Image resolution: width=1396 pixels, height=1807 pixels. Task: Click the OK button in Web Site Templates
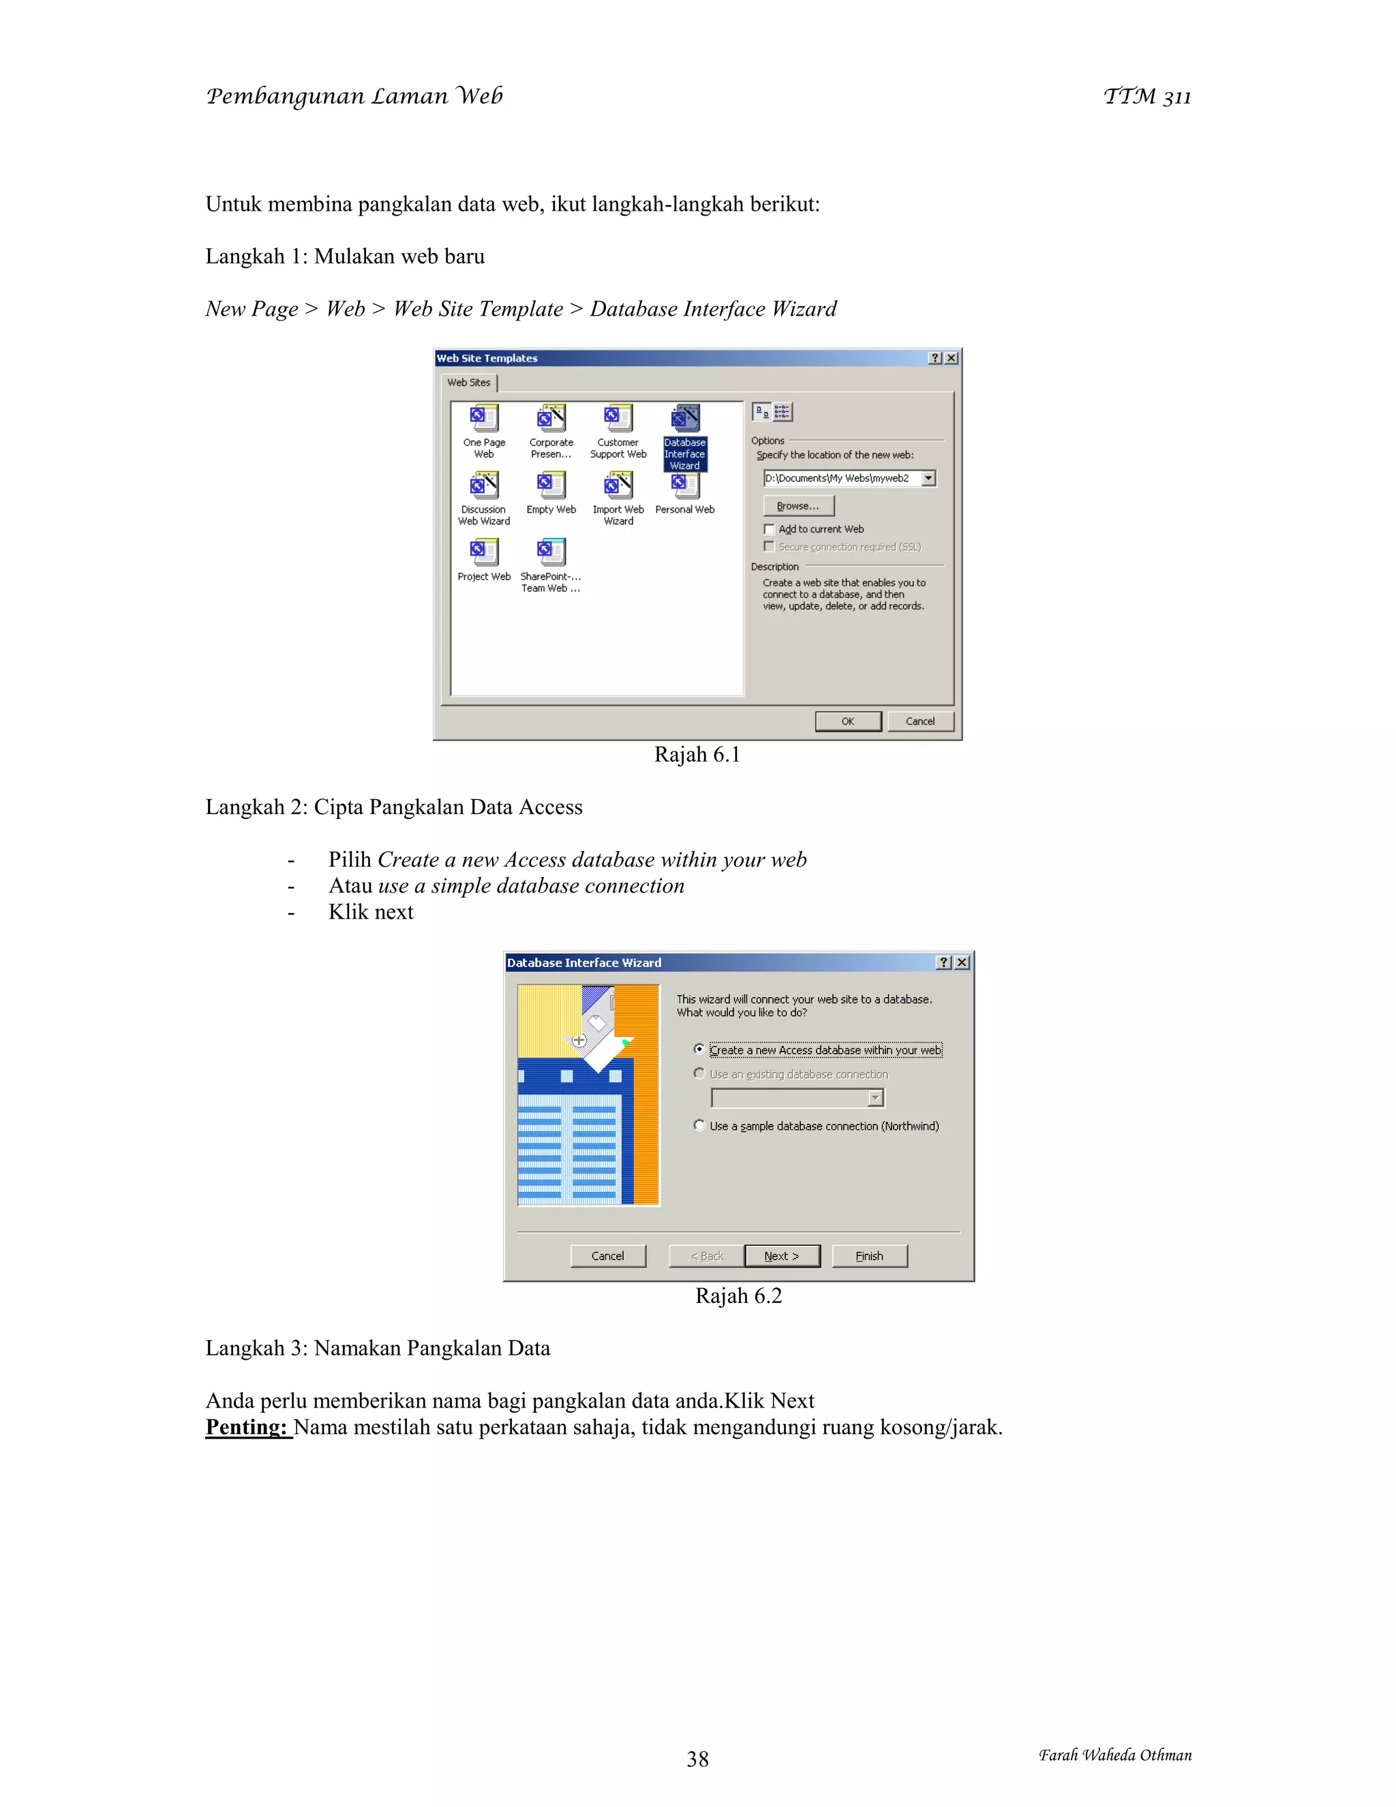click(848, 721)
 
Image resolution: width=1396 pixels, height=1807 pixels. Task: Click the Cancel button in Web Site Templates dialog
click(920, 721)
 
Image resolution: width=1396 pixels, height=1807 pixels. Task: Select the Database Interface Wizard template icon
click(685, 419)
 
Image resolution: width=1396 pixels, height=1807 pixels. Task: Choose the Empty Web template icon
click(551, 486)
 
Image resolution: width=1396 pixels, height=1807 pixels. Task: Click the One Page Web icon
click(484, 419)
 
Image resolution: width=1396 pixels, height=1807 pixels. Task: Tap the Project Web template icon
click(484, 553)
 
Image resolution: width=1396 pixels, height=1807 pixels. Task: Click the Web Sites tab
click(469, 383)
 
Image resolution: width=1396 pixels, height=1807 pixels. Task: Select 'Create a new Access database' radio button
click(699, 1049)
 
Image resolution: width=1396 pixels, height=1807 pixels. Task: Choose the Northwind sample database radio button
click(699, 1125)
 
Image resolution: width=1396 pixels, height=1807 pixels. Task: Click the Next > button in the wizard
click(782, 1256)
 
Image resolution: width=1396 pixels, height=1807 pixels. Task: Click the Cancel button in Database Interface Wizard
click(608, 1256)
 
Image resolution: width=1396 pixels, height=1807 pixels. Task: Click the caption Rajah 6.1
click(697, 755)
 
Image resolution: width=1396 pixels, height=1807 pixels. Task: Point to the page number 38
click(697, 1759)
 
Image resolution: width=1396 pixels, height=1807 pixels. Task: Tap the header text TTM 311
click(1147, 97)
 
